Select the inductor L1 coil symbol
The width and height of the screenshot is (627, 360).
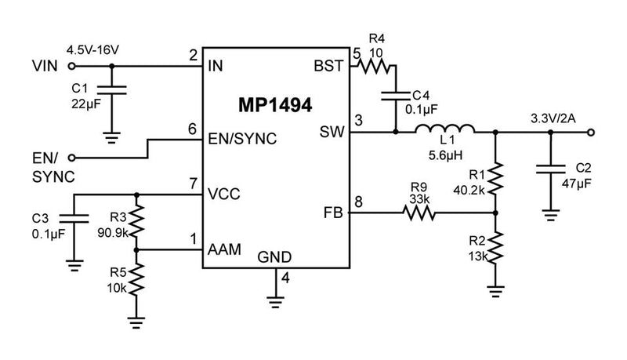point(445,131)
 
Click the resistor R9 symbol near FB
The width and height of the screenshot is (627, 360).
point(419,213)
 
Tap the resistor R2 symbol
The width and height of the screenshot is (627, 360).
point(495,247)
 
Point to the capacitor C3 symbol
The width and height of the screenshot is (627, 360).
point(74,218)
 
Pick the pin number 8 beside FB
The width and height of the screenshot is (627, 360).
point(359,202)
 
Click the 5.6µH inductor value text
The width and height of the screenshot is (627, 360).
point(444,156)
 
